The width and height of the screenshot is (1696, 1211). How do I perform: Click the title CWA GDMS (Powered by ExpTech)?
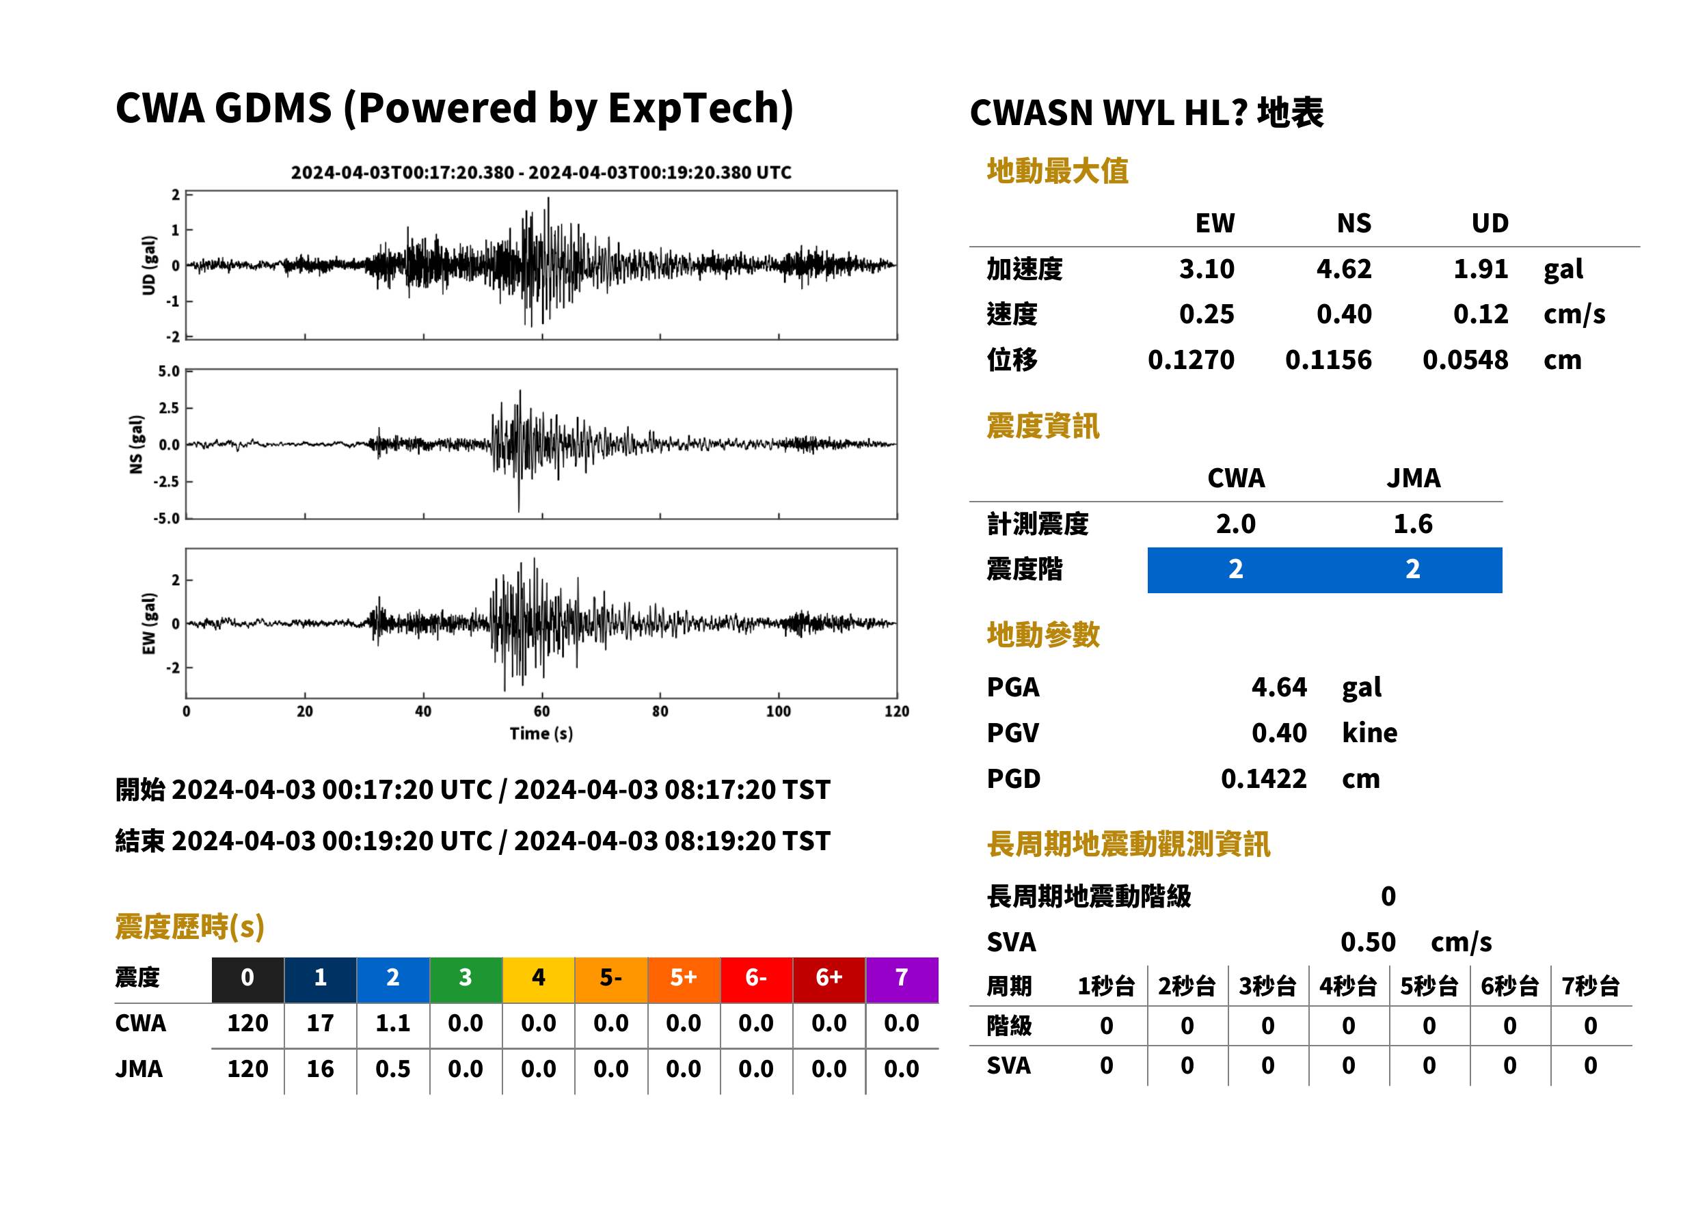[x=454, y=109]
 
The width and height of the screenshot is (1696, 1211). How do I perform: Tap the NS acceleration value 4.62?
[x=1343, y=269]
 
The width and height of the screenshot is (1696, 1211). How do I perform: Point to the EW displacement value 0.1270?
[x=1191, y=360]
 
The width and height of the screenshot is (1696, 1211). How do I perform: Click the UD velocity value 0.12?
[x=1481, y=314]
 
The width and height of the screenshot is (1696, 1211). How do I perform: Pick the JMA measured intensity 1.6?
[x=1412, y=524]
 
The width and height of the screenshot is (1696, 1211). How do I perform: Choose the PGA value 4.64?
[x=1279, y=688]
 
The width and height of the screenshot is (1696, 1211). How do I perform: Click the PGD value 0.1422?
[x=1263, y=779]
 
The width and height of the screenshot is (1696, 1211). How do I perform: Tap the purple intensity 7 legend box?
[x=901, y=979]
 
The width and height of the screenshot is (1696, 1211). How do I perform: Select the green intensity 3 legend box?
[x=466, y=979]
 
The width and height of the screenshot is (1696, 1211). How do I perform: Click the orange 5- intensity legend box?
[x=611, y=979]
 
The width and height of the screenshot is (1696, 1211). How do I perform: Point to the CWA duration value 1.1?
[x=393, y=1024]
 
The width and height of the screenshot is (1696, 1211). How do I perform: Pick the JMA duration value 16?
[x=320, y=1070]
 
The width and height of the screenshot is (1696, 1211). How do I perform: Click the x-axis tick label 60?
[x=541, y=712]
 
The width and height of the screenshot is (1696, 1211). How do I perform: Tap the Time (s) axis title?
[x=541, y=734]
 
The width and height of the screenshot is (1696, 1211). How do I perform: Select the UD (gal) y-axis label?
[x=149, y=265]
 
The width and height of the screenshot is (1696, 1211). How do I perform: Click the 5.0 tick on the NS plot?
[x=169, y=371]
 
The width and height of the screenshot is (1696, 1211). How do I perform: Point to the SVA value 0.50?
[x=1368, y=942]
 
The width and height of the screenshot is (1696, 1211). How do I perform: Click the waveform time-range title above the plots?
[x=541, y=173]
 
